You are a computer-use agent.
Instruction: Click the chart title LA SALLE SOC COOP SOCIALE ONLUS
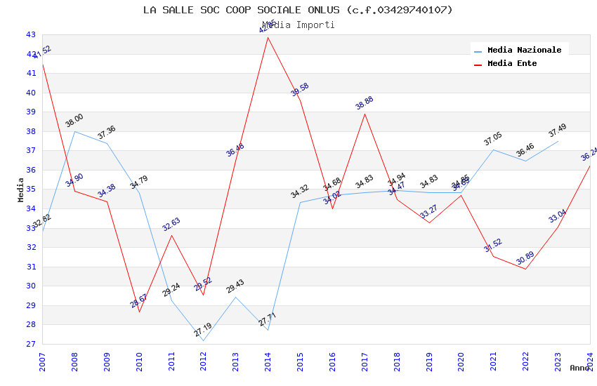point(298,10)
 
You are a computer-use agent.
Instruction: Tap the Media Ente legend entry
point(512,64)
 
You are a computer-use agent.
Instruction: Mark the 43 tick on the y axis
point(31,34)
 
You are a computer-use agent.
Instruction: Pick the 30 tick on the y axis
point(31,286)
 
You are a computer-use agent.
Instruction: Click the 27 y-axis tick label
point(31,344)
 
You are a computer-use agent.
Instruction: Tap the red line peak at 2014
point(268,37)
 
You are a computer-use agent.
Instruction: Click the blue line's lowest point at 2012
point(204,340)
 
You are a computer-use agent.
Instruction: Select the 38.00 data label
point(74,120)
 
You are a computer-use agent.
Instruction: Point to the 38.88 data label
point(365,103)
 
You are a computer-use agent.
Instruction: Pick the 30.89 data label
point(525,259)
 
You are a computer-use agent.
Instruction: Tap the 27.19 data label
point(203,331)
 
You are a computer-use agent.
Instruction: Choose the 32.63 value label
point(171,225)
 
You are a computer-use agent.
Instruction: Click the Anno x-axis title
point(580,368)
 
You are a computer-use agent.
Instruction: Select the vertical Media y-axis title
point(21,189)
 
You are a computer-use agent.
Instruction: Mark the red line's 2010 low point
point(139,312)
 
